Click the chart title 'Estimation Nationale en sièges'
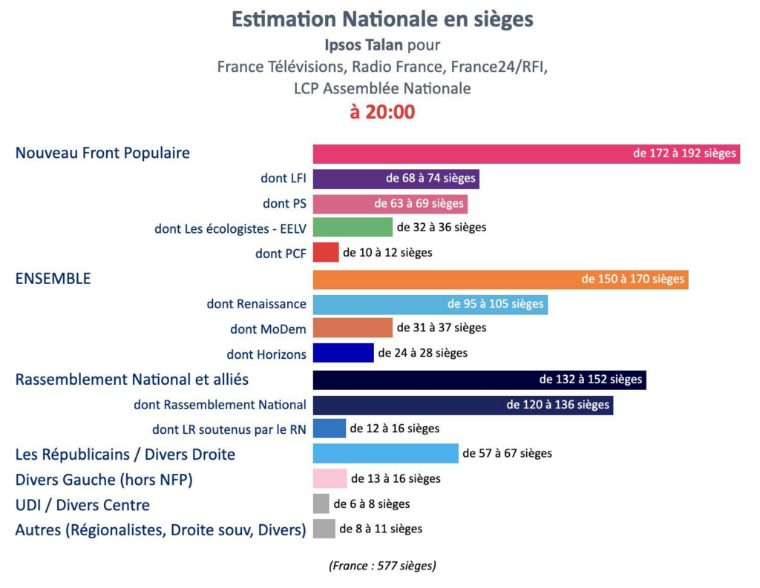[382, 19]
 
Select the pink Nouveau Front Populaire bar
[468, 153]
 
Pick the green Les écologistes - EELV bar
[353, 227]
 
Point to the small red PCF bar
[326, 252]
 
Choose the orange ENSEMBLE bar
[445, 280]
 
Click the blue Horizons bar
[343, 353]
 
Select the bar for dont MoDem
[353, 328]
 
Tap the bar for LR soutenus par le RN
[330, 429]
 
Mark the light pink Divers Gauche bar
[330, 479]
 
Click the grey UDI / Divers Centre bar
[321, 504]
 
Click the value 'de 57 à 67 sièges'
[507, 453]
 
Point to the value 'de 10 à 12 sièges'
[387, 253]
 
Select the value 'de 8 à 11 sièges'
[381, 529]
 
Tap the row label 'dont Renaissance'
[256, 303]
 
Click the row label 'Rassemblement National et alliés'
[132, 380]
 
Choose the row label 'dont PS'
[284, 203]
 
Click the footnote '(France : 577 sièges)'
[382, 566]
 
